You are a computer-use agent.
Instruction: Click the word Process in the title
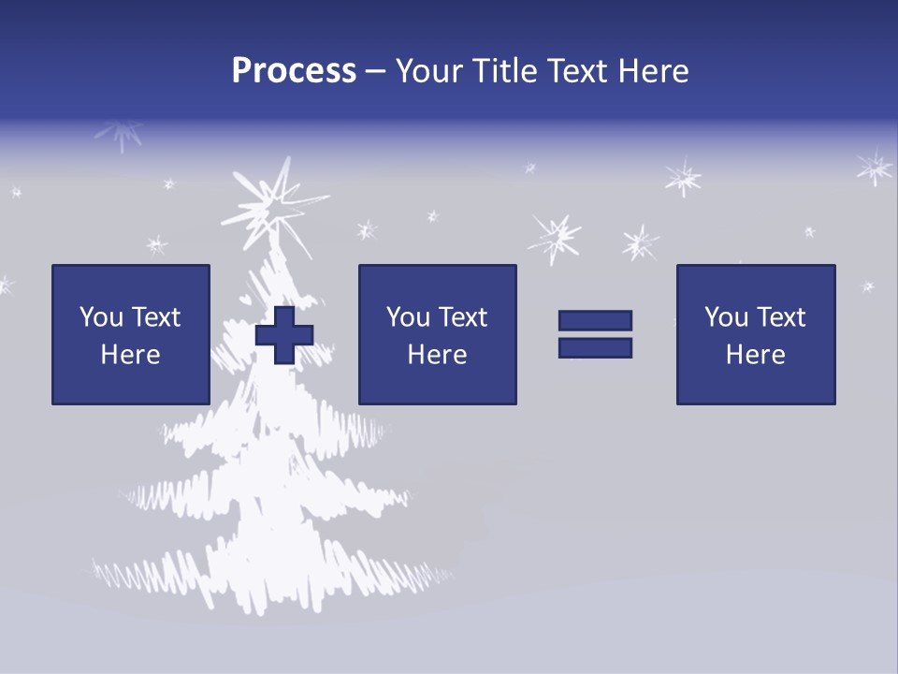[x=294, y=71]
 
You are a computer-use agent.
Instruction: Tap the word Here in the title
[x=654, y=71]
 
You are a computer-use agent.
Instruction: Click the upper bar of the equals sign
[x=595, y=320]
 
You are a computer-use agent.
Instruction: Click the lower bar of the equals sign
[x=595, y=347]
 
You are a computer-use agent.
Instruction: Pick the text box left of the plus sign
[x=131, y=334]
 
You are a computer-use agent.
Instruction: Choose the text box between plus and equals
[x=438, y=334]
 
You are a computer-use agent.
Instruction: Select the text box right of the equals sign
[x=756, y=334]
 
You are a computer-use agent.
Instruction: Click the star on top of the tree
[x=274, y=202]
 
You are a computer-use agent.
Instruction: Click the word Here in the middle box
[x=438, y=355]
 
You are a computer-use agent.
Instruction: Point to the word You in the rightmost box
[x=727, y=317]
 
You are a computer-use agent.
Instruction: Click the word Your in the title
[x=432, y=71]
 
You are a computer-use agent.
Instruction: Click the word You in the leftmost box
[x=102, y=317]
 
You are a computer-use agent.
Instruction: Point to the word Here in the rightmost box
[x=756, y=355]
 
